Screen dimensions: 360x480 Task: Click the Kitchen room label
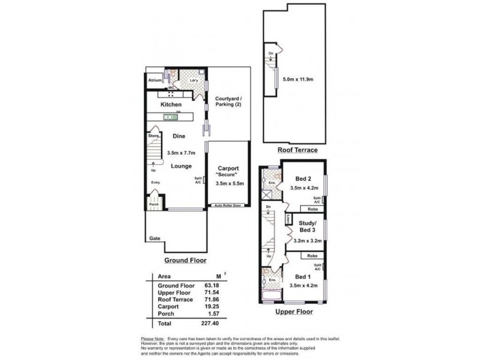(172, 104)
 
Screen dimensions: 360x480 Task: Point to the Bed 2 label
(302, 178)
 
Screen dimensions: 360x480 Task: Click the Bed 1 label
(303, 277)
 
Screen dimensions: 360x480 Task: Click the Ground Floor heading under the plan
(185, 260)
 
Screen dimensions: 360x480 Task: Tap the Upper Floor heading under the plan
(294, 311)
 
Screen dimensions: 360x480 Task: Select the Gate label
(154, 238)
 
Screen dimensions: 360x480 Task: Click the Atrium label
(155, 79)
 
